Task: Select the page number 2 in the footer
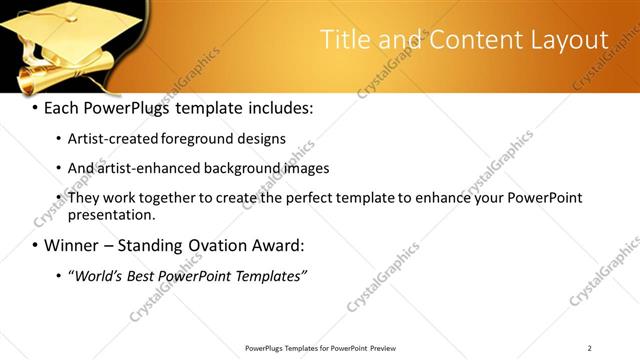(589, 348)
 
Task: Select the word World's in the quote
(99, 276)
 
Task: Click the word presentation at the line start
(111, 214)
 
